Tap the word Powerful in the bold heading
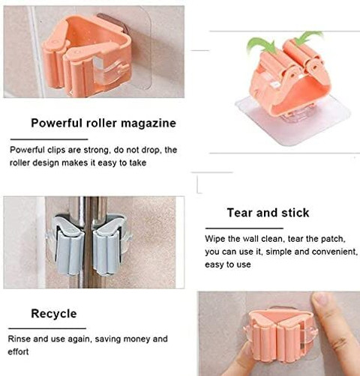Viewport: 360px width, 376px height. click(56, 123)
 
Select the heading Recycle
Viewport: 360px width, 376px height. click(54, 314)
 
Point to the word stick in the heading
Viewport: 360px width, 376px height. click(295, 213)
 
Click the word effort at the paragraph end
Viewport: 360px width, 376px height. click(18, 352)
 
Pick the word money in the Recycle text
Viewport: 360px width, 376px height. click(136, 339)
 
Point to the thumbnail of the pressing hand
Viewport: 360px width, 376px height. click(280, 333)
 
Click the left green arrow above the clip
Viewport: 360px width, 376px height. click(260, 45)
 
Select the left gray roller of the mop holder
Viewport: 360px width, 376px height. click(69, 246)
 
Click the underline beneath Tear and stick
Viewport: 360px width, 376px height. click(244, 228)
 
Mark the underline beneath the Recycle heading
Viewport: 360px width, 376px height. click(47, 328)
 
